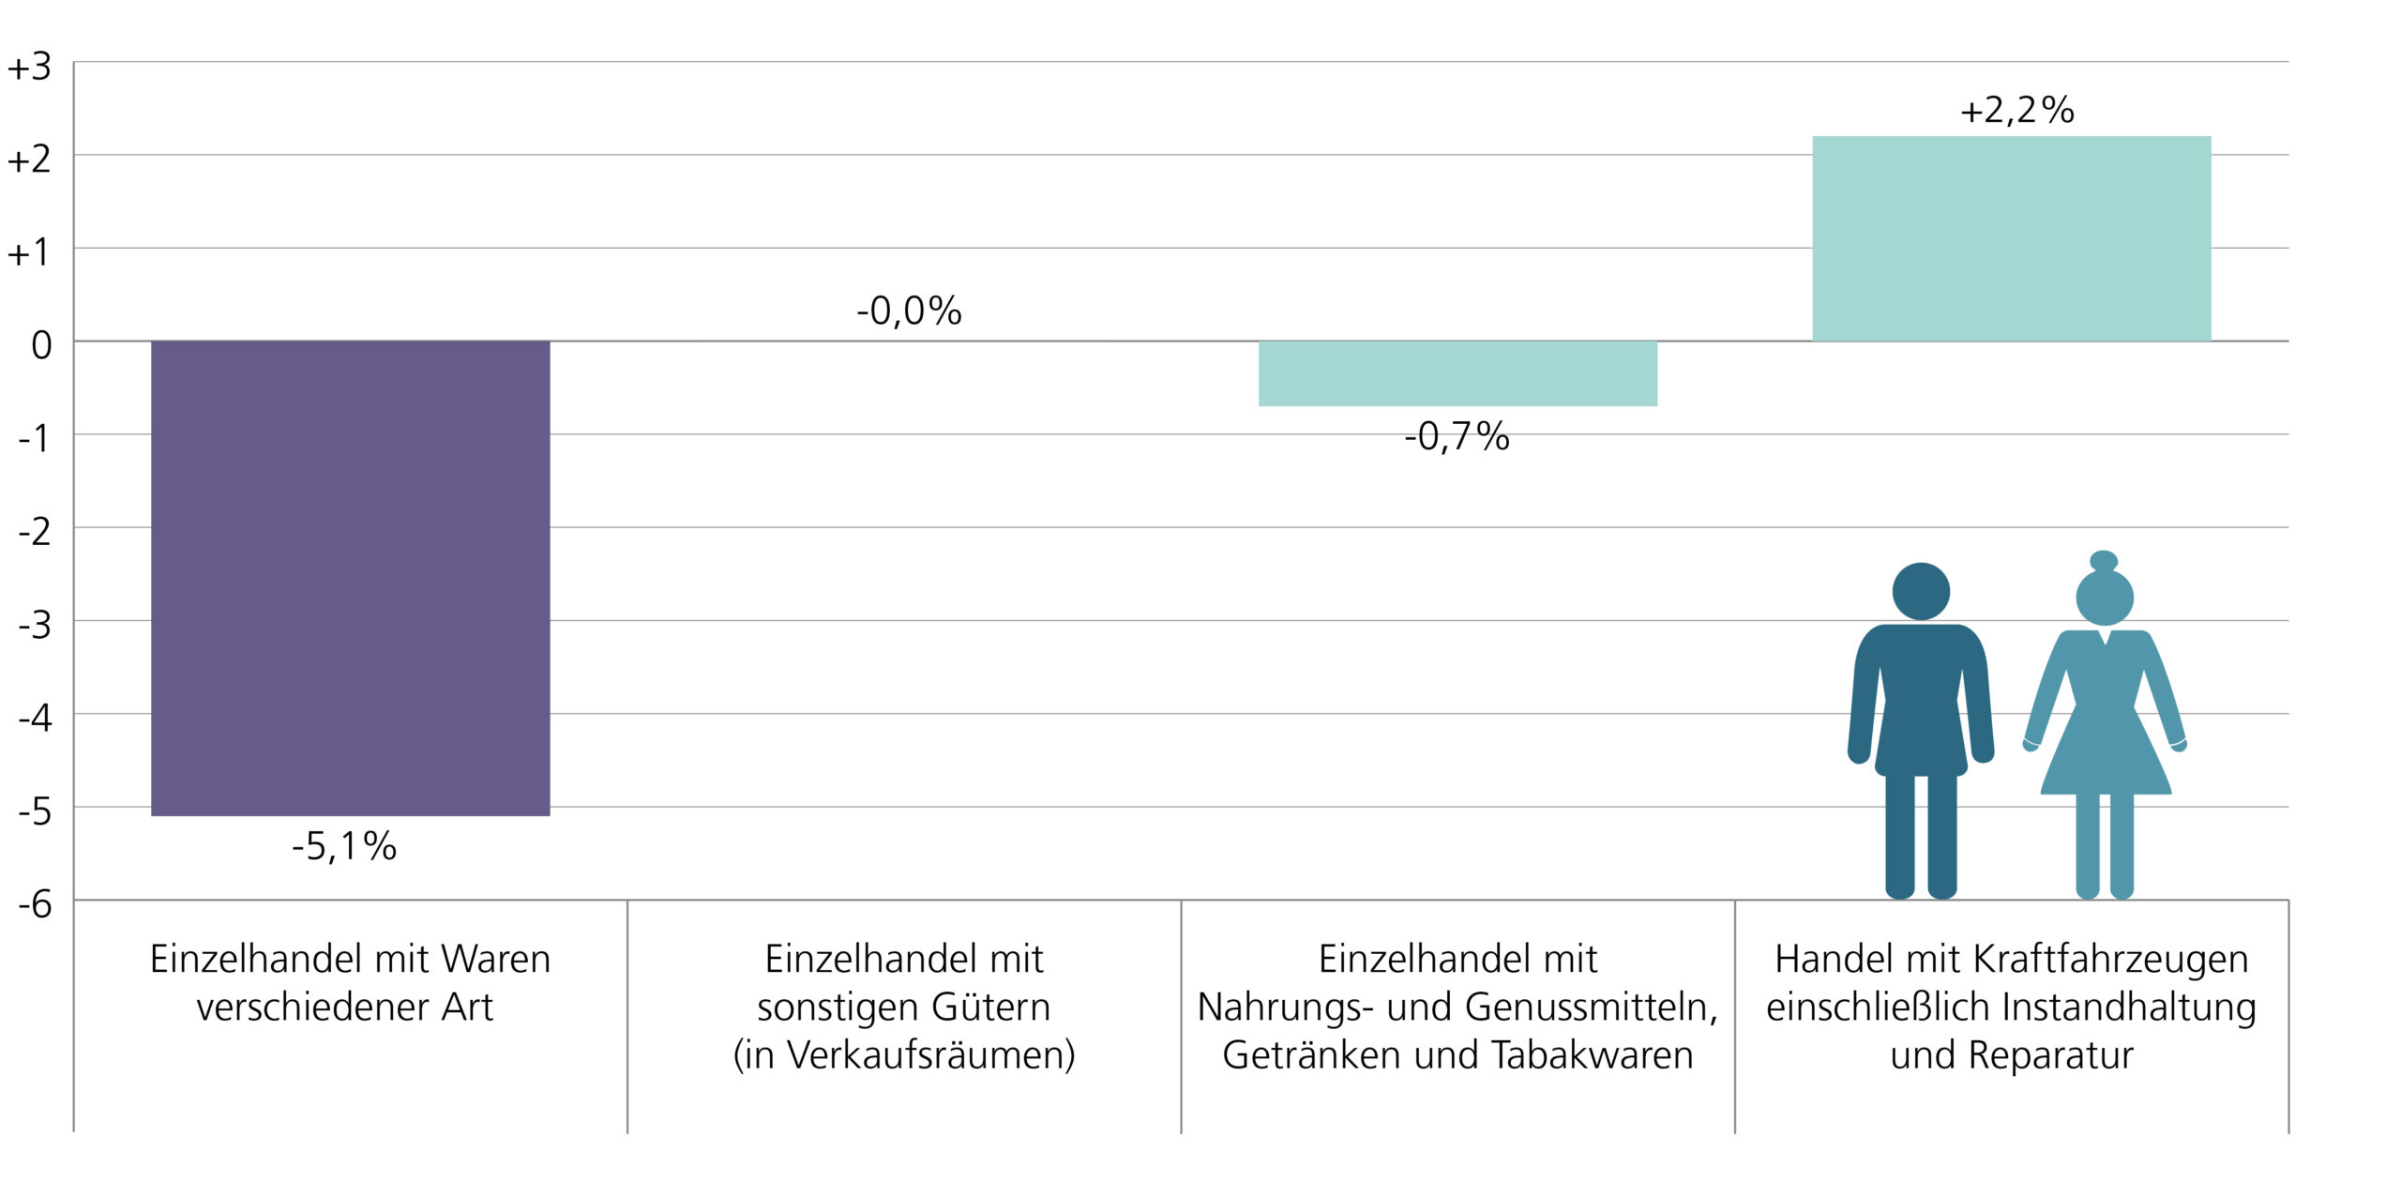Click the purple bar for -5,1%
point(350,578)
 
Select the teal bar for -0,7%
point(1457,373)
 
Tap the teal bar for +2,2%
point(2011,238)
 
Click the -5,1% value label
point(344,847)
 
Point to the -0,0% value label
point(909,311)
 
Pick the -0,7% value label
point(1457,437)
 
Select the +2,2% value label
point(2016,111)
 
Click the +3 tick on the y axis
point(29,68)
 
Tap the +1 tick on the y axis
point(29,253)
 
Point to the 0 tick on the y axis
point(41,346)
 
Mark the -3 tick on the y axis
point(36,625)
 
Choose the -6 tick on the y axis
point(36,904)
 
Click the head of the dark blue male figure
point(1921,591)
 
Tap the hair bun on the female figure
point(2104,561)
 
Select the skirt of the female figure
point(2106,755)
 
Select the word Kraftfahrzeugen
point(2111,960)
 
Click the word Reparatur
point(2051,1055)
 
